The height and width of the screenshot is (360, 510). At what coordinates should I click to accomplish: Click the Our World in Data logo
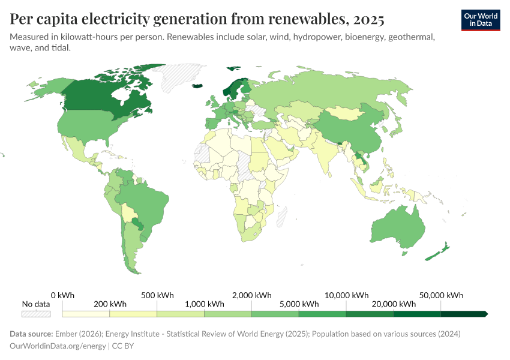click(480, 20)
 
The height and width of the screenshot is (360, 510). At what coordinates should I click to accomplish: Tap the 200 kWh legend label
click(110, 304)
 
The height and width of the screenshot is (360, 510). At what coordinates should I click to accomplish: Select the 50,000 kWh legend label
click(442, 295)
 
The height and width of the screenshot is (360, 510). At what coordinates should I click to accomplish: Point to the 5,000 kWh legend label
click(299, 304)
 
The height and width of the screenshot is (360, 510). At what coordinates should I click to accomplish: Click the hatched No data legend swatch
click(36, 314)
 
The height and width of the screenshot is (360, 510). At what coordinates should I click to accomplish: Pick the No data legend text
click(36, 304)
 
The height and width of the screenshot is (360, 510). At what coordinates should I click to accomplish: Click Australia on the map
click(397, 228)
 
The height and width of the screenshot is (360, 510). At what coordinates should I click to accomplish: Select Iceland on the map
click(199, 87)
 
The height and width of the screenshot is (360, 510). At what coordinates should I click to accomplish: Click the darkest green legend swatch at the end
click(464, 314)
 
